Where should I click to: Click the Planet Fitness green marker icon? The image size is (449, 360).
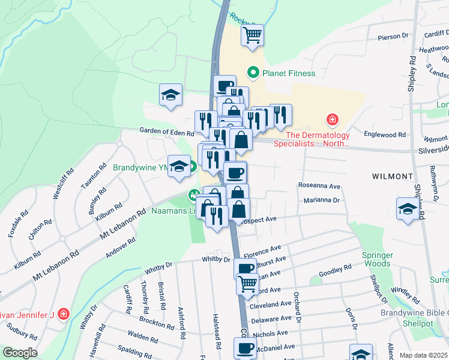(x=253, y=73)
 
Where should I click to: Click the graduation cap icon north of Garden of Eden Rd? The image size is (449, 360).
(x=171, y=95)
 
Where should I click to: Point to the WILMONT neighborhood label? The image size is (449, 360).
(x=393, y=177)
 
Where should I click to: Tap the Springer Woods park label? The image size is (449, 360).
(x=378, y=259)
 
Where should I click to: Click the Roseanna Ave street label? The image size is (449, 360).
(x=319, y=186)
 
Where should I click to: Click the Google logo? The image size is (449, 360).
(x=19, y=353)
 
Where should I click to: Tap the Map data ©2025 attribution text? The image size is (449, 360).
(x=423, y=355)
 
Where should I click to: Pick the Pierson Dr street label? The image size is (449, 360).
(x=393, y=37)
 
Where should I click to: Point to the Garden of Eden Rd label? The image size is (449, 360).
(x=167, y=131)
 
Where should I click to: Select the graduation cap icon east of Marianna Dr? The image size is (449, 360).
(x=408, y=209)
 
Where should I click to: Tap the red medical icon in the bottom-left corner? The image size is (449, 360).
(x=64, y=314)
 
